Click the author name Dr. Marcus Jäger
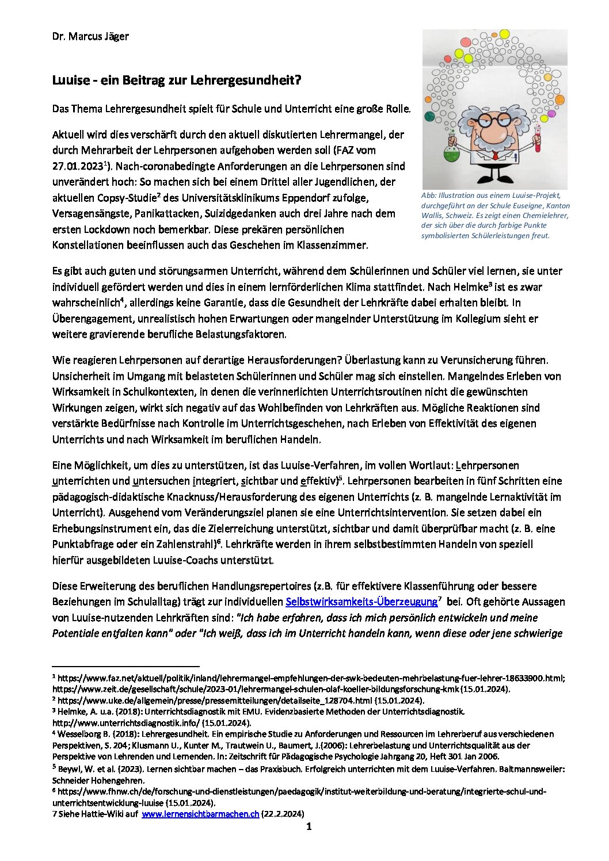(x=90, y=36)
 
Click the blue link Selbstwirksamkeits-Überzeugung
(x=361, y=602)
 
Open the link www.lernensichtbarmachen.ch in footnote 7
(x=200, y=814)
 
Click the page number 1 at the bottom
(x=309, y=827)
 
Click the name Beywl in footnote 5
(x=66, y=769)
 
